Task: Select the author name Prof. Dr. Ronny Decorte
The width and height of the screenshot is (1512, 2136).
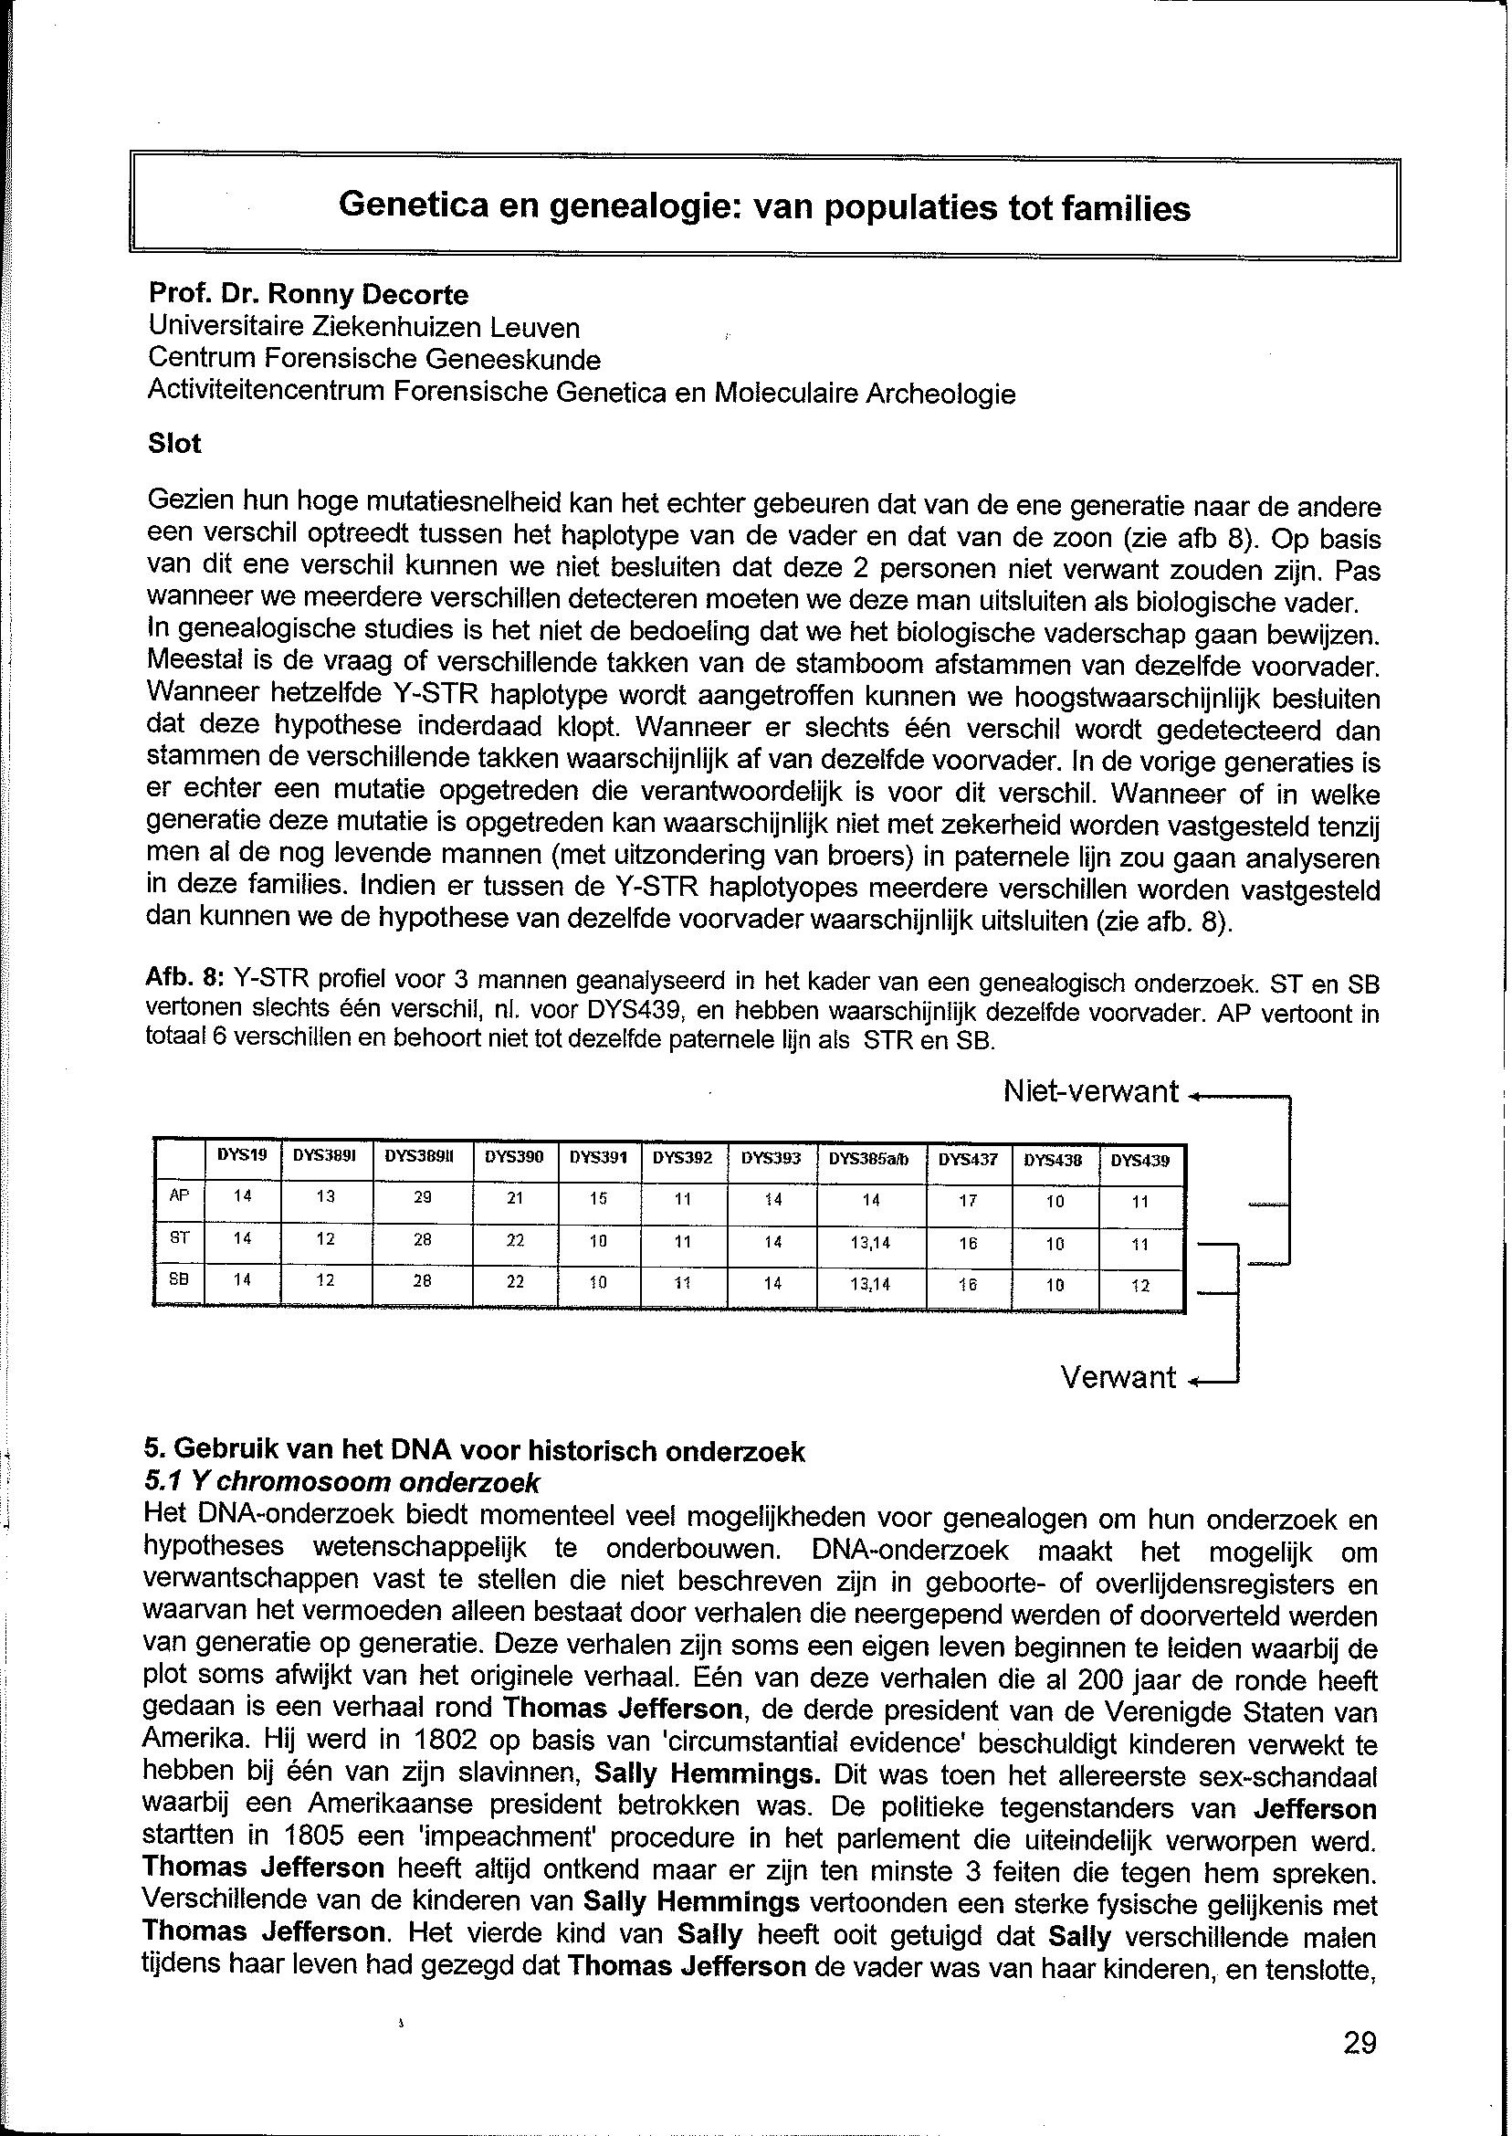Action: tap(309, 295)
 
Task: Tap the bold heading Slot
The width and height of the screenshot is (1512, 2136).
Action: tap(174, 443)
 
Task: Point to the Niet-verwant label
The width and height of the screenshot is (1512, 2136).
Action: tap(1090, 1091)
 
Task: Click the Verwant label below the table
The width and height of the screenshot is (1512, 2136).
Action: tap(1118, 1378)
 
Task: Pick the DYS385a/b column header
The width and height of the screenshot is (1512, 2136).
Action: tap(869, 1159)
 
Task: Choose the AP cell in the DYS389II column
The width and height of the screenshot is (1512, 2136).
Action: tap(422, 1198)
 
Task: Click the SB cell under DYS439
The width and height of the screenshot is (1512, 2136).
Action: tap(1139, 1286)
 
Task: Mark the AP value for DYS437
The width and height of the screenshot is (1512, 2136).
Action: tap(967, 1201)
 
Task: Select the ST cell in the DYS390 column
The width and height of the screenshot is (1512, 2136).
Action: tap(514, 1241)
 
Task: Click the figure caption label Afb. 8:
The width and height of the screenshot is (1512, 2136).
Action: tap(185, 980)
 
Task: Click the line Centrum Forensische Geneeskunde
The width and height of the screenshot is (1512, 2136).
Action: tap(373, 360)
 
